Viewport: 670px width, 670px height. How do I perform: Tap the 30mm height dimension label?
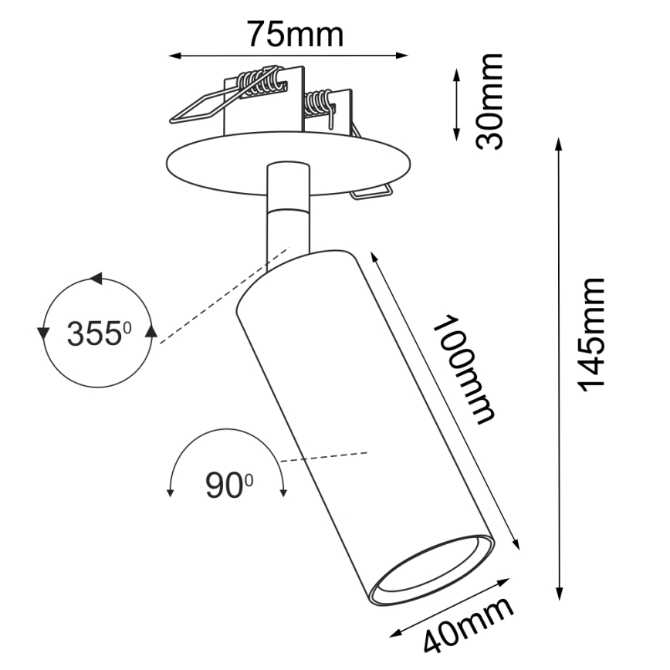click(489, 100)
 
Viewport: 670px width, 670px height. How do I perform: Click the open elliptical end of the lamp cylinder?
click(431, 570)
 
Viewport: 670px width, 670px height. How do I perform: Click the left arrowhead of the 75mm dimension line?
click(174, 56)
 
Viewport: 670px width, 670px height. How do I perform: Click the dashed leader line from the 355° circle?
click(224, 293)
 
